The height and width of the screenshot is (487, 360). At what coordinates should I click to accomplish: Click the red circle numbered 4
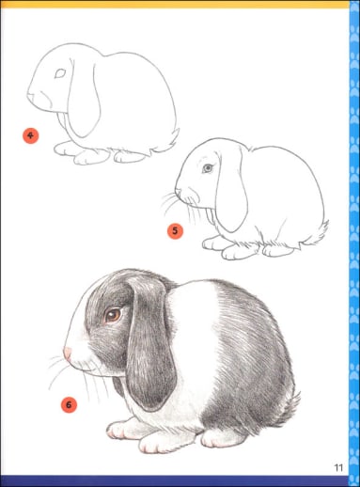pyautogui.click(x=30, y=135)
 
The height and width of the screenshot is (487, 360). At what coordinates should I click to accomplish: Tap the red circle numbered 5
pyautogui.click(x=175, y=231)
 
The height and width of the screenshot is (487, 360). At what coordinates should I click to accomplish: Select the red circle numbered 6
pyautogui.click(x=69, y=404)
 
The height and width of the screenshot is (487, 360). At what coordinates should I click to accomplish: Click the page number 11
pyautogui.click(x=338, y=467)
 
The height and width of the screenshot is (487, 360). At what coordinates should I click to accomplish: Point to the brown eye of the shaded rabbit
pyautogui.click(x=113, y=315)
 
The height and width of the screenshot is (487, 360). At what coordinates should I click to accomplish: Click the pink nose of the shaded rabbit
pyautogui.click(x=68, y=353)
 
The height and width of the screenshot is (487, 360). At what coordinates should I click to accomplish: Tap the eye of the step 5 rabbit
pyautogui.click(x=208, y=168)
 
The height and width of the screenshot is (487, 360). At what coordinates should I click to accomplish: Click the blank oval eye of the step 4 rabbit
pyautogui.click(x=60, y=73)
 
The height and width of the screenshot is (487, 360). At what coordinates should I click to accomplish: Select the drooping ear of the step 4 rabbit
pyautogui.click(x=83, y=97)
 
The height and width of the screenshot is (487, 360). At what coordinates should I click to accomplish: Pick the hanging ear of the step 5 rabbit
pyautogui.click(x=231, y=191)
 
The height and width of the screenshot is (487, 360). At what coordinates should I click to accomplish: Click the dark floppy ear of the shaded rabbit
pyautogui.click(x=150, y=341)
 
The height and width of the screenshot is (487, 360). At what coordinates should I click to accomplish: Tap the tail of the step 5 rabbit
pyautogui.click(x=317, y=233)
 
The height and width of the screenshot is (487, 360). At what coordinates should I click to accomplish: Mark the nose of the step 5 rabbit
pyautogui.click(x=178, y=191)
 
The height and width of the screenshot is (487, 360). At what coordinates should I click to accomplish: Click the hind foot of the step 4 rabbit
pyautogui.click(x=129, y=156)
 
